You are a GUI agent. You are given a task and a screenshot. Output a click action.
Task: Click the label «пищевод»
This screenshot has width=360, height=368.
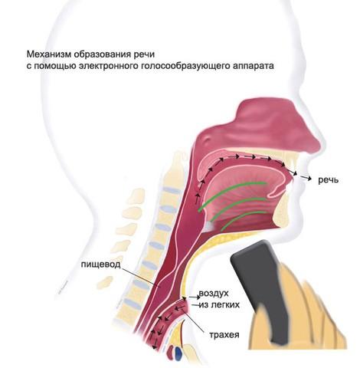pyautogui.click(x=100, y=264)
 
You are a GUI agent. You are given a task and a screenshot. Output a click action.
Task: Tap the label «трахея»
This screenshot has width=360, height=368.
pyautogui.click(x=224, y=335)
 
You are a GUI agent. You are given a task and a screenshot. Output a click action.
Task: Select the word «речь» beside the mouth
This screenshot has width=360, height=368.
pyautogui.click(x=328, y=180)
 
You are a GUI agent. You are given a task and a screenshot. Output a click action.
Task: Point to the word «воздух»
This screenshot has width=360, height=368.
pyautogui.click(x=214, y=294)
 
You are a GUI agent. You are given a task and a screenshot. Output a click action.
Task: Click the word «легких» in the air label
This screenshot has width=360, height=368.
pyautogui.click(x=226, y=304)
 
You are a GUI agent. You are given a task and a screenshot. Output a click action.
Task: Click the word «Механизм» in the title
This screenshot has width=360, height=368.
pyautogui.click(x=48, y=54)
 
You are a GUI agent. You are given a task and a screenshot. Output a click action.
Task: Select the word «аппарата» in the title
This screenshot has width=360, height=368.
pyautogui.click(x=254, y=67)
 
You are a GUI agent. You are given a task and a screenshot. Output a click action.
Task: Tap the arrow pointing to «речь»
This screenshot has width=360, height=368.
pyautogui.click(x=306, y=178)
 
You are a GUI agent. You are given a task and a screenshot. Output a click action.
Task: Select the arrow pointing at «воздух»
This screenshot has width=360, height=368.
pyautogui.click(x=194, y=297)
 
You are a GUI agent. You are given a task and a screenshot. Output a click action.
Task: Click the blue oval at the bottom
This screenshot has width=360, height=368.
pyautogui.click(x=178, y=353)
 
